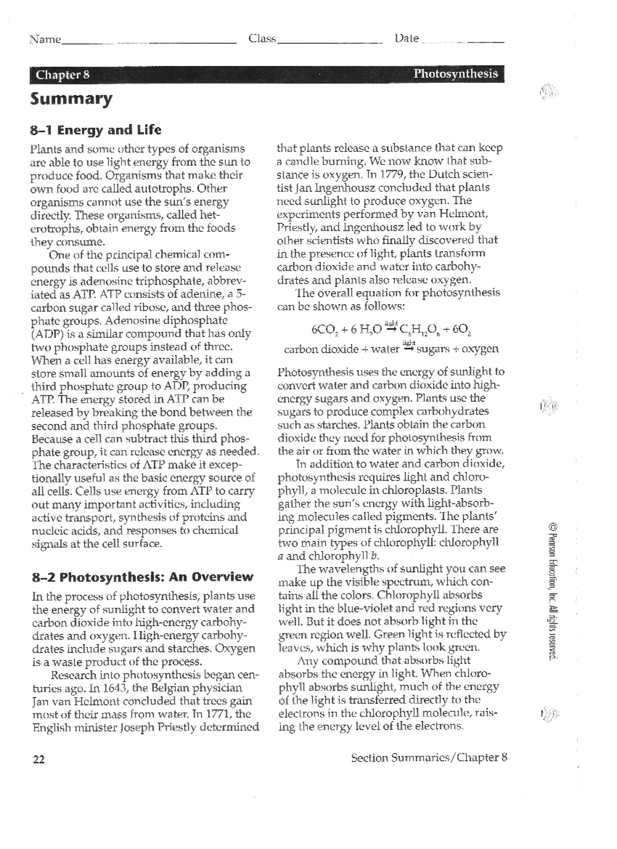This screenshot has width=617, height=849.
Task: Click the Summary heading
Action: [x=71, y=99]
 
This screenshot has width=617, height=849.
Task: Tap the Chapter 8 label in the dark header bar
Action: [x=63, y=75]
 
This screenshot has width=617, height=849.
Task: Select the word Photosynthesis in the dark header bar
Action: [x=456, y=74]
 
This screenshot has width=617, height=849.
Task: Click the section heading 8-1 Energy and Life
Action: [x=96, y=130]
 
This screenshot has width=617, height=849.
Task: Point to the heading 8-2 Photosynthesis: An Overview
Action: [x=142, y=577]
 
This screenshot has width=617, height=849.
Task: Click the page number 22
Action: [x=39, y=759]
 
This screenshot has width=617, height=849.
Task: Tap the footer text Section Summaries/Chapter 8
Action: [x=429, y=757]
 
